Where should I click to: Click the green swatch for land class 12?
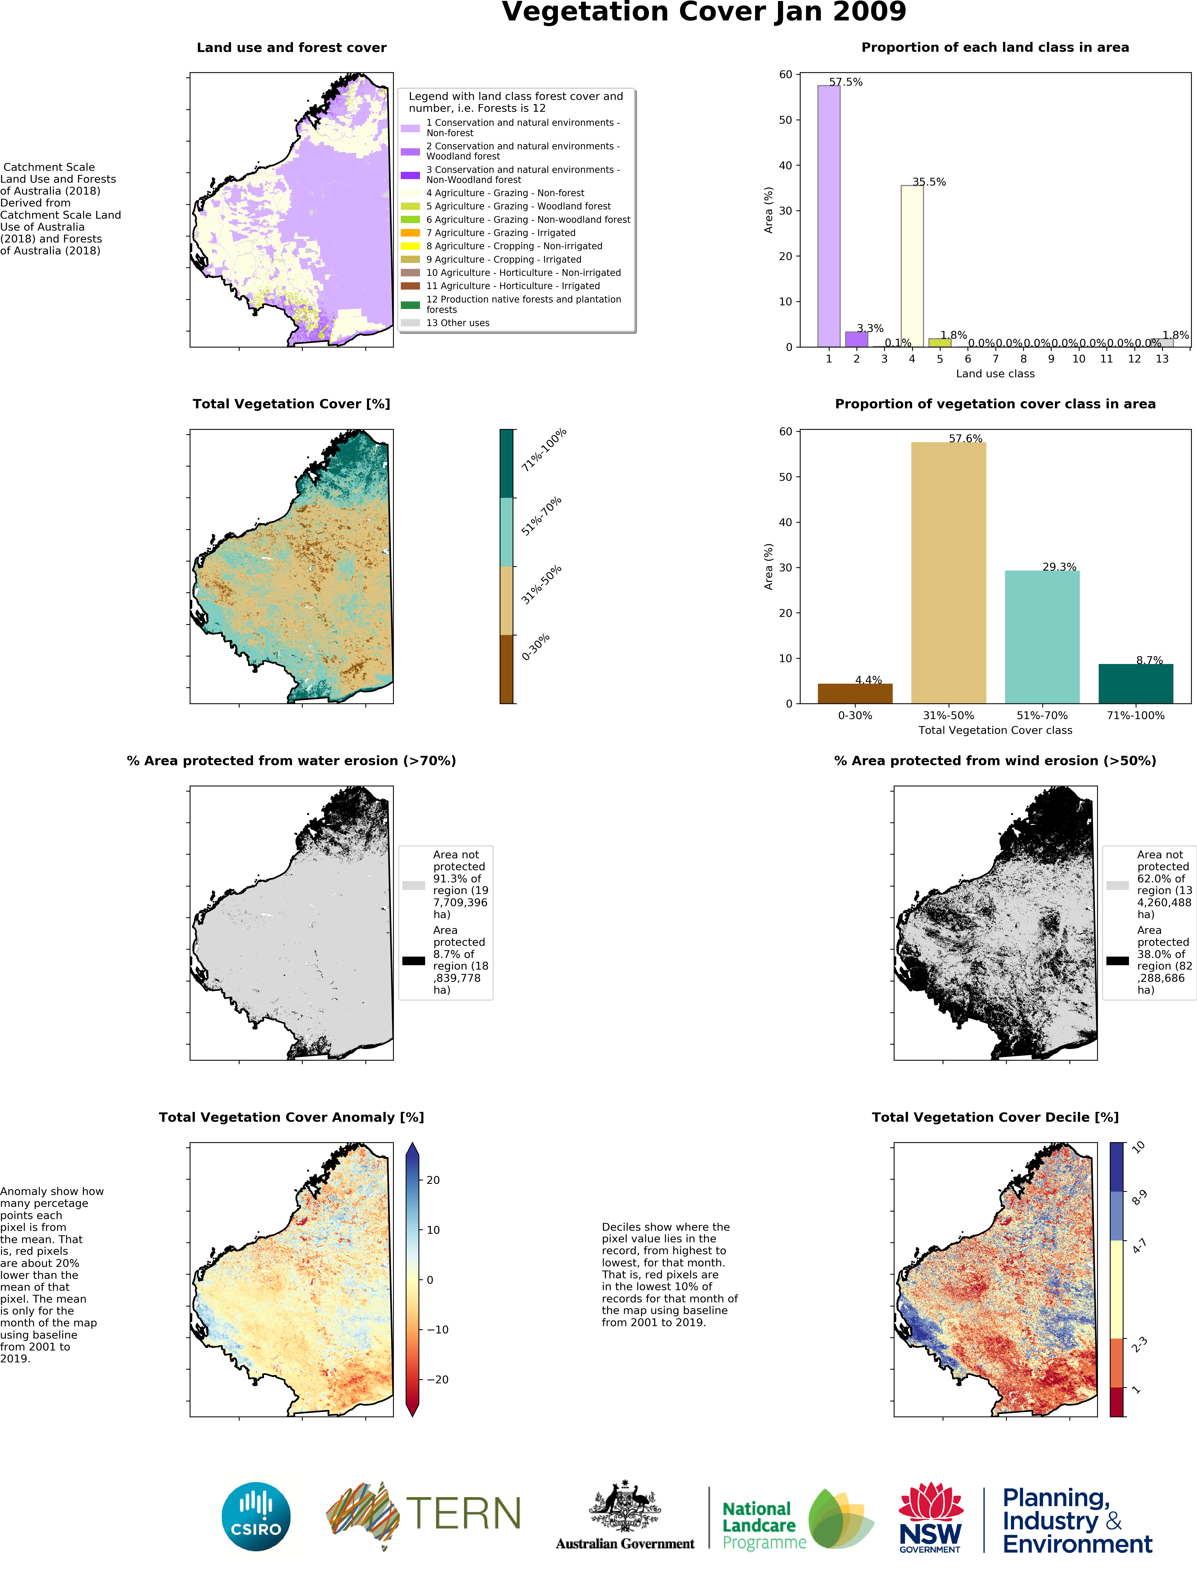pos(410,305)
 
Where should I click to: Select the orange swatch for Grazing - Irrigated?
pos(410,233)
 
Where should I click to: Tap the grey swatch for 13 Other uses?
pos(410,323)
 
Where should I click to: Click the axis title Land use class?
pos(995,374)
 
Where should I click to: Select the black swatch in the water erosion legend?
pos(413,961)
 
